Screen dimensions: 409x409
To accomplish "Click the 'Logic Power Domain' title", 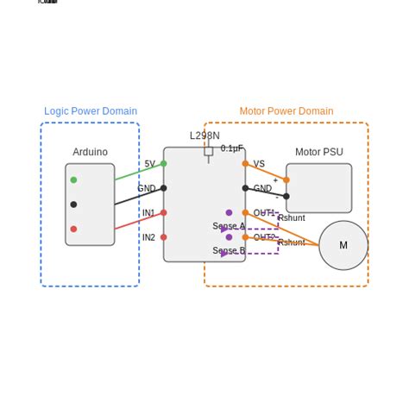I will coord(91,111).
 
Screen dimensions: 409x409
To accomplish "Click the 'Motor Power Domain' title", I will coord(286,111).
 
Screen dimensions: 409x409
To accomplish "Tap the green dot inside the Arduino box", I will coord(73,179).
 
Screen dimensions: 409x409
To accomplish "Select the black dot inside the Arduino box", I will coord(73,204).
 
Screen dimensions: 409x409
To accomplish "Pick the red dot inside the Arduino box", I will coord(73,229).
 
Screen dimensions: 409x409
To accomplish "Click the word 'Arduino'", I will coord(90,152).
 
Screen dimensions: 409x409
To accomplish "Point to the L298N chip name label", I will coord(204,135).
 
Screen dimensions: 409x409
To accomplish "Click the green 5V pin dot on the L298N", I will coord(164,163).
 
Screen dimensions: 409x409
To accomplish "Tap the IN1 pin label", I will coord(148,213).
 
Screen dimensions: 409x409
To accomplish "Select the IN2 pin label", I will coord(148,237).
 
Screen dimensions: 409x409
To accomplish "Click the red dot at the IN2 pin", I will coord(164,237).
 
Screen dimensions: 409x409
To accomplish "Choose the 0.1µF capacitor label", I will coord(231,148).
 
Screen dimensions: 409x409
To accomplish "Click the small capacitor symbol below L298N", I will coord(209,152).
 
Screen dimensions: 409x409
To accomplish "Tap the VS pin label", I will coord(259,164).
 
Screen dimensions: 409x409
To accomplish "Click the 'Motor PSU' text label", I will coord(319,152).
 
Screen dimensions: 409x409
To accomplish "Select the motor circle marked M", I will coord(343,245).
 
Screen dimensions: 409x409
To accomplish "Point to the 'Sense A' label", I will coord(229,226).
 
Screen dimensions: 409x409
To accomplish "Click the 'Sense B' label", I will coord(229,251).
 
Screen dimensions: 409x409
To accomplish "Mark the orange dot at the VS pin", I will coord(245,163).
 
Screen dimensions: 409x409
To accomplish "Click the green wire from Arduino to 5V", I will coord(138,172).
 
